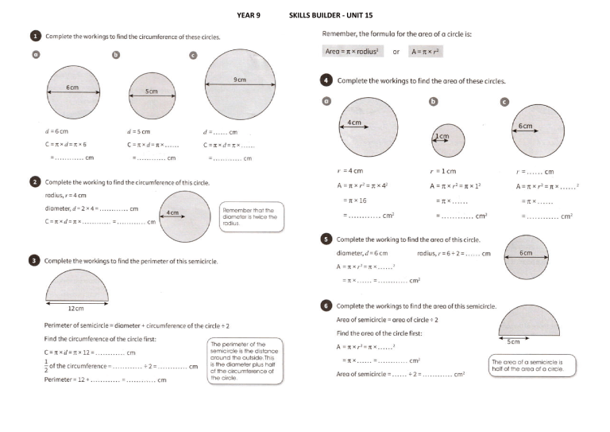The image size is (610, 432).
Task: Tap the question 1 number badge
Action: pyautogui.click(x=35, y=36)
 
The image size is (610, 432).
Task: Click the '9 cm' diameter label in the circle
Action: pyautogui.click(x=239, y=80)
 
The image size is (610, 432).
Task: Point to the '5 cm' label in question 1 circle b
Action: pyautogui.click(x=151, y=92)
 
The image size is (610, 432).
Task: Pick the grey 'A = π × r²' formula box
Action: pyautogui.click(x=425, y=51)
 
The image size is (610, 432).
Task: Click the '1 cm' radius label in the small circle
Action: pyautogui.click(x=442, y=137)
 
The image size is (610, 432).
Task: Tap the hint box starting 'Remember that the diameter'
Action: pyautogui.click(x=251, y=216)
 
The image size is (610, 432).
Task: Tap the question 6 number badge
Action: pyautogui.click(x=326, y=306)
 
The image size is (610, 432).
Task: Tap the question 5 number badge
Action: pyautogui.click(x=326, y=238)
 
